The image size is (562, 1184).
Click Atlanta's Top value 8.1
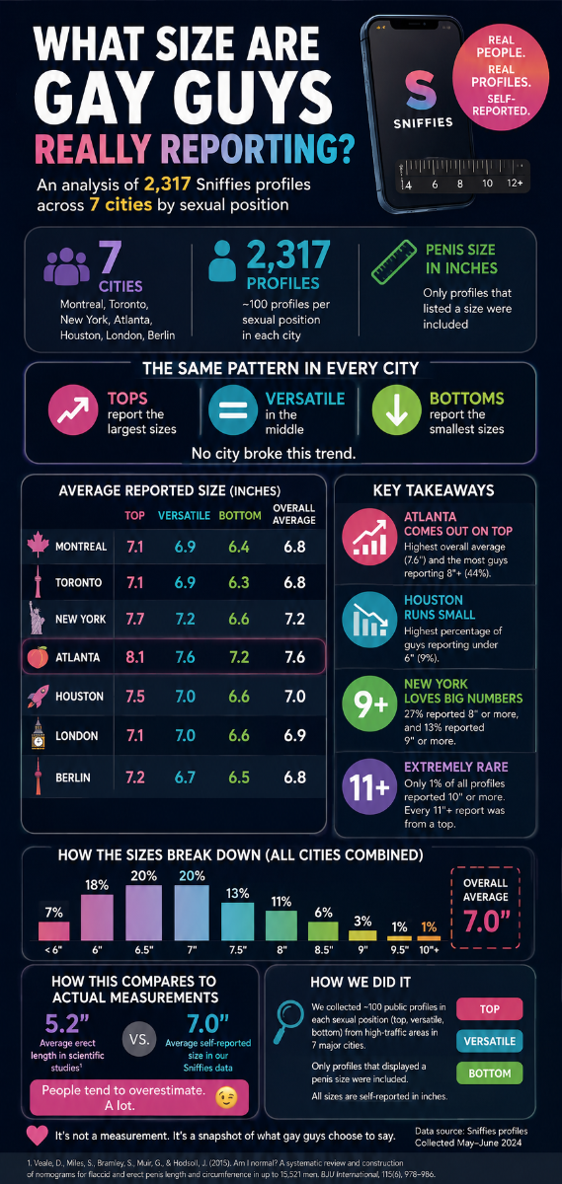coord(135,657)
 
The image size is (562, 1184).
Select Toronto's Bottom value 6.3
coord(239,582)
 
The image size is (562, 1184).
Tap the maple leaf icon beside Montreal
coord(39,544)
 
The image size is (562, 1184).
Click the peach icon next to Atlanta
coord(38,657)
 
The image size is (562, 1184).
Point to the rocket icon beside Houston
coord(39,696)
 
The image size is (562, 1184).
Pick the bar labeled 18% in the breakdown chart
coord(97,917)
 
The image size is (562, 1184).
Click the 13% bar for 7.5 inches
coord(238,922)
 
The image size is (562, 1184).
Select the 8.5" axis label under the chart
coord(323,950)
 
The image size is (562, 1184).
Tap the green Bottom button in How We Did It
coord(490,1073)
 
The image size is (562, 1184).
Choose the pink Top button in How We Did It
coord(490,1009)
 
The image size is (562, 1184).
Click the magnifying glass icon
coord(288,1022)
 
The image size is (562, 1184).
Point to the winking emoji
coord(226,1098)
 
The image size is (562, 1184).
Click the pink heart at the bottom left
coord(38,1136)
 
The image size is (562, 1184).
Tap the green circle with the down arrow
coord(396,409)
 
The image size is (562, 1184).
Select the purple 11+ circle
coord(369,786)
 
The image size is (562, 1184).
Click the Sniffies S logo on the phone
coord(421,90)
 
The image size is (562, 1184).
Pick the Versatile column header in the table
coord(184,515)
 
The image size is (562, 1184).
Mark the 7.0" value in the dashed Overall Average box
coord(486,922)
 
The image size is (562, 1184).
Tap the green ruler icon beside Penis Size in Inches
coord(394,262)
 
